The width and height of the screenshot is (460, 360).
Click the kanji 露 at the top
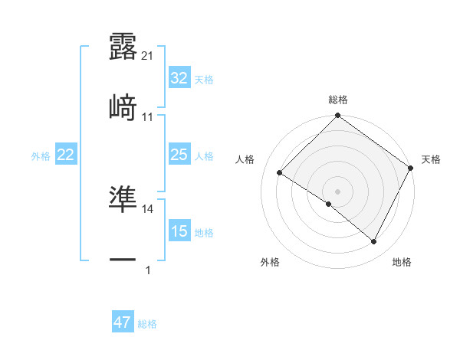123,47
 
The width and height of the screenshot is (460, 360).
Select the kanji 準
123,199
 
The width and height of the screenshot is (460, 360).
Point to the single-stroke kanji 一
123,260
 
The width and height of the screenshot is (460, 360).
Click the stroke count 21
148,56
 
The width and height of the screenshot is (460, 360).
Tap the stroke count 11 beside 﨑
148,116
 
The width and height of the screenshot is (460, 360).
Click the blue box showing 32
179,78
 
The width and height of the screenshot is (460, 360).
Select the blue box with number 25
179,155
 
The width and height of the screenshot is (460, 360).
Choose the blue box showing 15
179,231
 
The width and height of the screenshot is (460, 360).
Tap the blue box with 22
66,155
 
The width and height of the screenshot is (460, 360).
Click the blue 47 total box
123,322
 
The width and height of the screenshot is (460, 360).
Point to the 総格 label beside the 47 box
147,324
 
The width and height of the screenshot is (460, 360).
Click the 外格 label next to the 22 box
41,156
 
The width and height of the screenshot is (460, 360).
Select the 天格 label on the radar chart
431,159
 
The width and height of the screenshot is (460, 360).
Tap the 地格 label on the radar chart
402,262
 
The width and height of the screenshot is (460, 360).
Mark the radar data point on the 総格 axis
337,117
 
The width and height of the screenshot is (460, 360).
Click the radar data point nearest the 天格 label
411,168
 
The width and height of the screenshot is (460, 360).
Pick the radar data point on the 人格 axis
281,172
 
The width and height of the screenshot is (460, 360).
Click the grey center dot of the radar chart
337,191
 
